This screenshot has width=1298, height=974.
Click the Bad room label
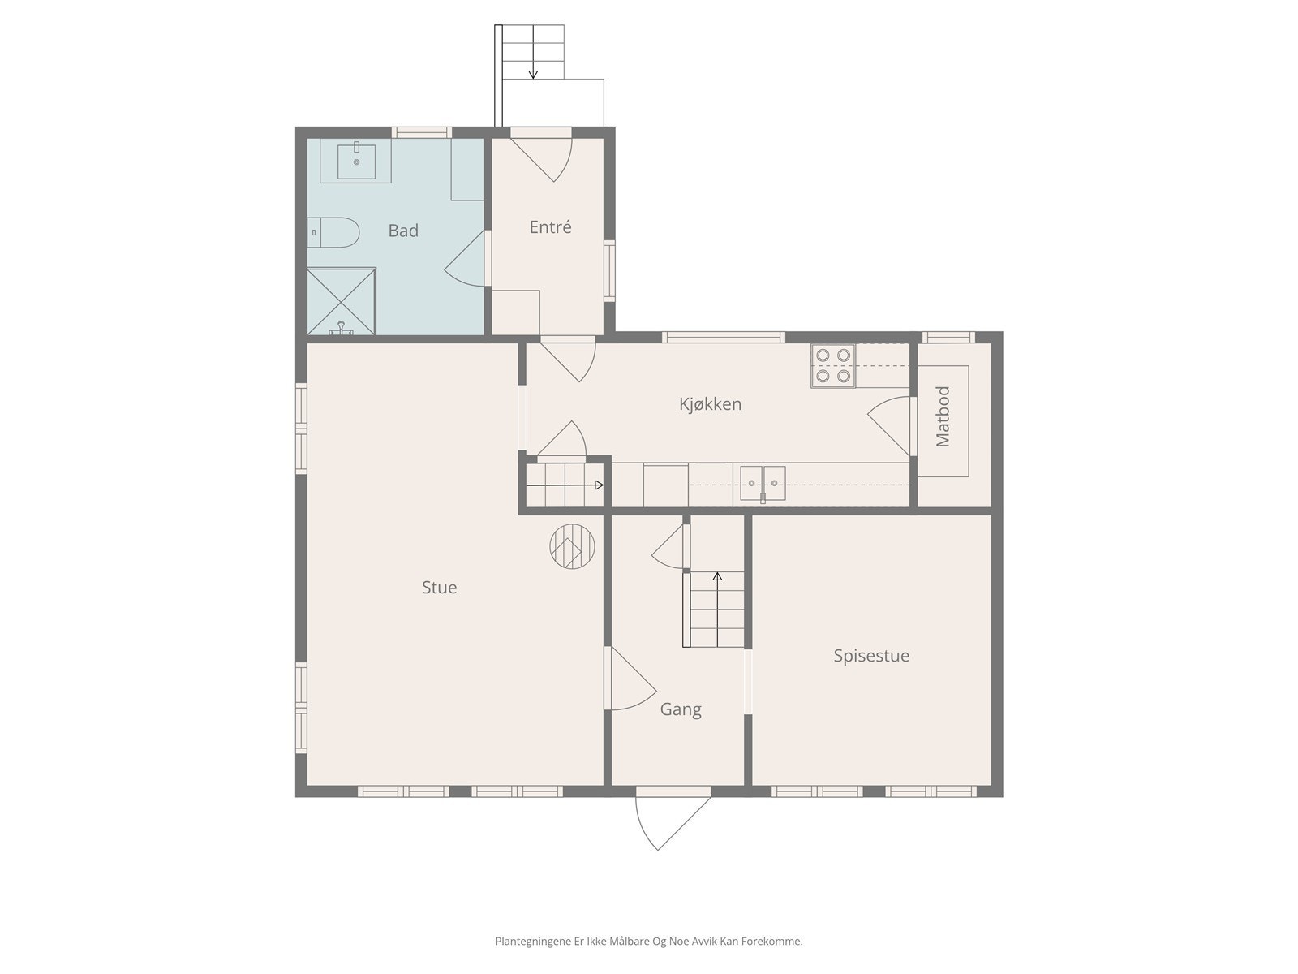[402, 231]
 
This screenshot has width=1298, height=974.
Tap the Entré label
[550, 227]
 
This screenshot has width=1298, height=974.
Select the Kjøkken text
[710, 404]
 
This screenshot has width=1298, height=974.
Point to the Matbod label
[943, 416]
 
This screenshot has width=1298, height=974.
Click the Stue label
[439, 587]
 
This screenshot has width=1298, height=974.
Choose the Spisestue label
[871, 656]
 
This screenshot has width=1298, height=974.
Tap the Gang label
[681, 709]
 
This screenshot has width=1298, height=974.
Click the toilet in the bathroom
[333, 232]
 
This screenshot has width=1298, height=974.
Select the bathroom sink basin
[356, 160]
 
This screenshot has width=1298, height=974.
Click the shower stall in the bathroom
[342, 302]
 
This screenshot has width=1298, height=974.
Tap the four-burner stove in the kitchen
[833, 365]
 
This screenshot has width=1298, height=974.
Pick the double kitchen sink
[763, 483]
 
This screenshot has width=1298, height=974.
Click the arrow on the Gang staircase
[717, 609]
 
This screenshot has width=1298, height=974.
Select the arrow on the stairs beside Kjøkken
[565, 485]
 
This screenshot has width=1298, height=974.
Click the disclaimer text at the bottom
[649, 941]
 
